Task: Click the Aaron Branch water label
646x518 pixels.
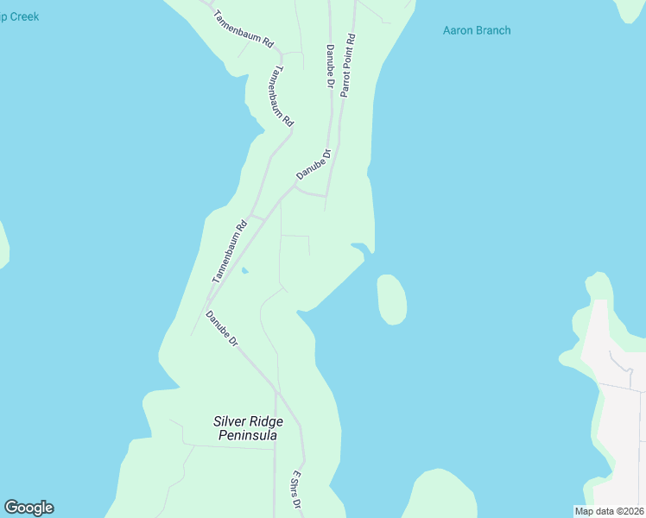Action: [x=476, y=30]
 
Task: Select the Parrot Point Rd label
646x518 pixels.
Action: [x=348, y=65]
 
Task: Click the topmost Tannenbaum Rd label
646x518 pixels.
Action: [x=244, y=28]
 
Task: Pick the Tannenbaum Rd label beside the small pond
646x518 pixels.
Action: [x=230, y=252]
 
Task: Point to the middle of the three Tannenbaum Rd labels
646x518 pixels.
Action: [x=282, y=97]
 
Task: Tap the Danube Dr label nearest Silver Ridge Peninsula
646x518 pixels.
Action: [x=222, y=329]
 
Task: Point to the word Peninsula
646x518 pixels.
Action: [x=247, y=436]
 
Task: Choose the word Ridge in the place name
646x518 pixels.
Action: [x=267, y=421]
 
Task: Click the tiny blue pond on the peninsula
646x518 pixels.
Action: [x=244, y=272]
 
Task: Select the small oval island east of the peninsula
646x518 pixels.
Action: [x=392, y=299]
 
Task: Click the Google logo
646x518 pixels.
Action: [x=28, y=508]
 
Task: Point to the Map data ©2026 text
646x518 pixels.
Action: [x=609, y=511]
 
